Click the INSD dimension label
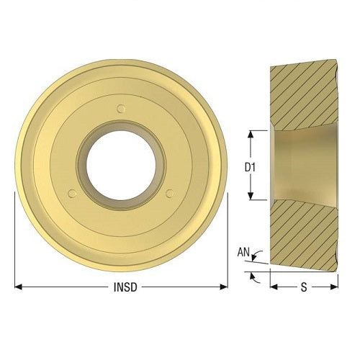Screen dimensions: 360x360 tap(122, 287)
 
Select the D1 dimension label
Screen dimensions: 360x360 tap(249, 166)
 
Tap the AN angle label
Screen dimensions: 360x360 tap(244, 252)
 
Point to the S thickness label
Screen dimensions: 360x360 tap(303, 287)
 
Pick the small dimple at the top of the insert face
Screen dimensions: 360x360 tap(121, 109)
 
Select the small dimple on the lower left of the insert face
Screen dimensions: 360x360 tap(72, 193)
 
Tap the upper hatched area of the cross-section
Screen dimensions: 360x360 tap(302, 94)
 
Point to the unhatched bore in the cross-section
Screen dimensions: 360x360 tap(302, 166)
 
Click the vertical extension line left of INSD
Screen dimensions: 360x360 tap(15, 238)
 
